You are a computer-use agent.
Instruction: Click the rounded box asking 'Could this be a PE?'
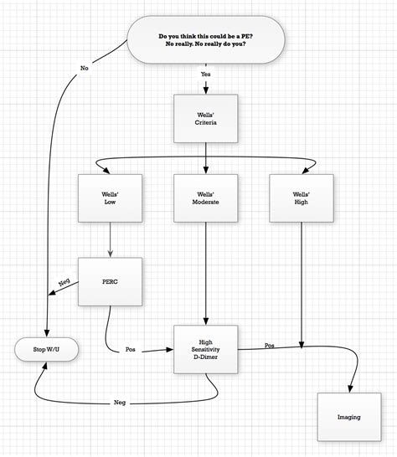point(204,40)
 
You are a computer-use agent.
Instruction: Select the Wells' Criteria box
point(205,117)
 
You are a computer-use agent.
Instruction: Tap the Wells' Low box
point(110,198)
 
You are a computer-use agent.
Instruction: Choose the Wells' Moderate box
point(205,198)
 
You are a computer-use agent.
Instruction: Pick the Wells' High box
point(302,198)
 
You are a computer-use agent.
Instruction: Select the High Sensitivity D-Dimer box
point(205,348)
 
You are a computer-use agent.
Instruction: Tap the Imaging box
point(349,416)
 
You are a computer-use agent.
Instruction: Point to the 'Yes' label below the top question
point(205,74)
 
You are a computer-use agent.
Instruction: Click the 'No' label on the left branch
point(83,67)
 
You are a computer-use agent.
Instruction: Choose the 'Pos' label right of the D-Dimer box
point(269,345)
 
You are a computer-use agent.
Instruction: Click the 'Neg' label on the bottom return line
point(120,403)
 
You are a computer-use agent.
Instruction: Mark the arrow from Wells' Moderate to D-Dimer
point(205,268)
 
